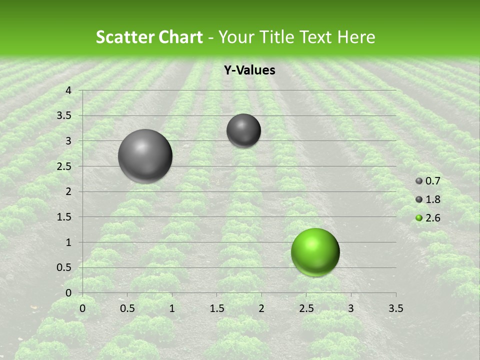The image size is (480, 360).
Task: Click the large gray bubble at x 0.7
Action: (145, 156)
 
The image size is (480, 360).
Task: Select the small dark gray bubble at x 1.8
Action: (243, 130)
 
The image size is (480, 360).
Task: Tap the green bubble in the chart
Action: (315, 252)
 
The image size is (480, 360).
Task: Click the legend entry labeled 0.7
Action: (428, 181)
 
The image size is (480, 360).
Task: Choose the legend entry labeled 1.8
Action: (428, 199)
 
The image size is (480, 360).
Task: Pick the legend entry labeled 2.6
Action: (428, 218)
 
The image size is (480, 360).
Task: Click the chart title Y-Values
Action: (249, 70)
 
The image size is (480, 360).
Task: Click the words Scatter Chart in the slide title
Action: (149, 37)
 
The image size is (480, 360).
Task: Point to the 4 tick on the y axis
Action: (68, 90)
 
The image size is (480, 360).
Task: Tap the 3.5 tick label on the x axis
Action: (395, 308)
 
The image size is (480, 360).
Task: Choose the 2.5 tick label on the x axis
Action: (306, 308)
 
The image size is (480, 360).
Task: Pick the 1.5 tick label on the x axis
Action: (216, 308)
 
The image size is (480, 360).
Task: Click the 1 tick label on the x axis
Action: (172, 308)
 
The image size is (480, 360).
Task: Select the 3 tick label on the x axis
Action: (350, 308)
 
